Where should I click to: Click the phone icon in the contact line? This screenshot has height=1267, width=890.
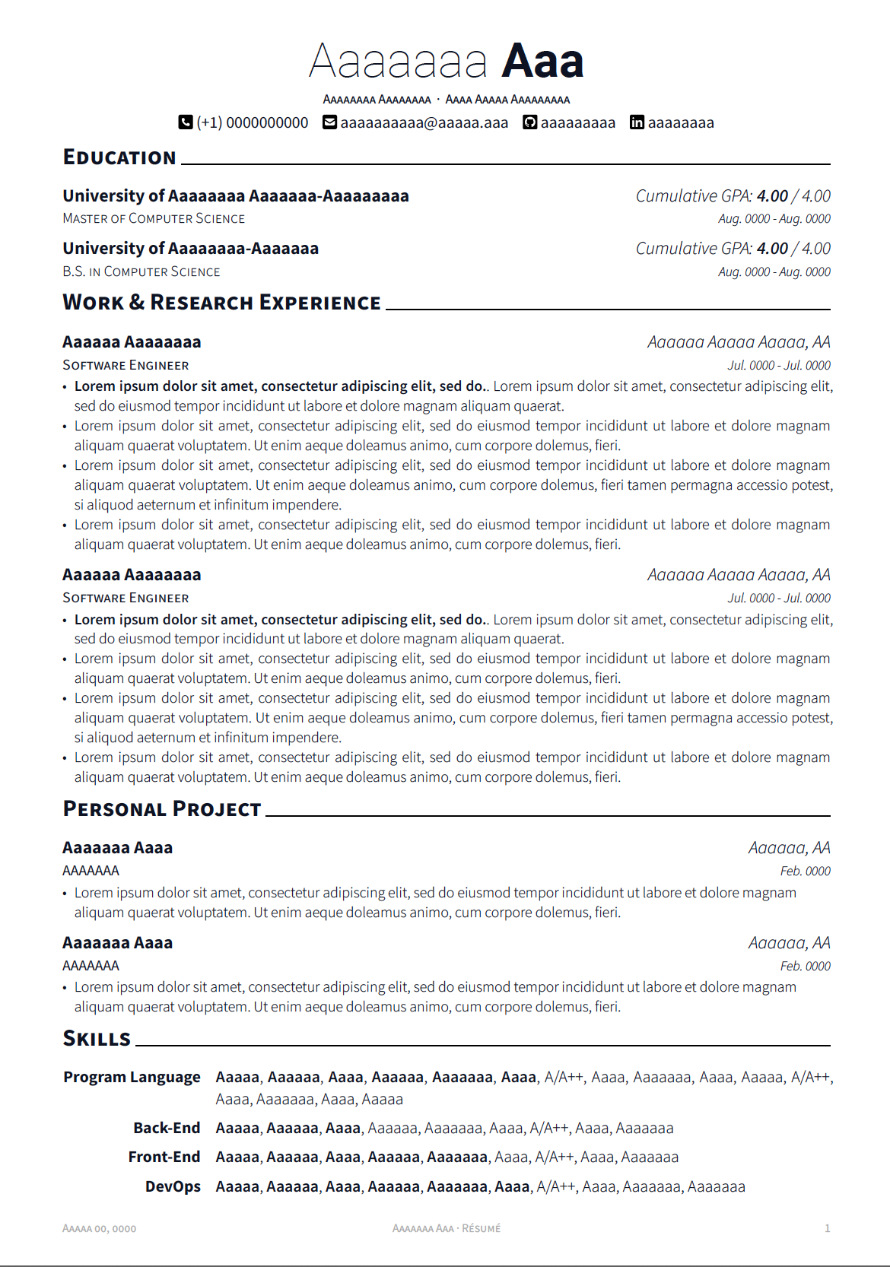coord(185,122)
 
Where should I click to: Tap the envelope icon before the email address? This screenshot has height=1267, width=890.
coord(329,122)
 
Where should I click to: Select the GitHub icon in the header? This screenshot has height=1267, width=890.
coord(529,122)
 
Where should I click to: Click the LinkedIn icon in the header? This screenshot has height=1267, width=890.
coord(637,122)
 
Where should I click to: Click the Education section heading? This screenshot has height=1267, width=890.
coord(119,157)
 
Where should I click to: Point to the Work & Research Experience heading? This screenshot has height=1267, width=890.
coord(221,303)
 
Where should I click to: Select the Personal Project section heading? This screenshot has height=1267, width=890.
coord(162,809)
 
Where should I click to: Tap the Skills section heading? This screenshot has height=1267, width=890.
coord(97,1039)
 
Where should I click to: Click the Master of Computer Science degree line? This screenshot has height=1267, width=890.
coord(154,219)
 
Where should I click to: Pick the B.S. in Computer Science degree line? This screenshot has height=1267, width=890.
coord(141,272)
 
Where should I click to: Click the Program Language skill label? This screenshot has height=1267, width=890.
coord(132,1077)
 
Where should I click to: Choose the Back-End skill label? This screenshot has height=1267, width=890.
coord(167,1128)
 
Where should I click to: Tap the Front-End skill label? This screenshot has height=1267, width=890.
coord(164,1157)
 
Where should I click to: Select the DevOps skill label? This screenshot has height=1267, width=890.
coord(173,1186)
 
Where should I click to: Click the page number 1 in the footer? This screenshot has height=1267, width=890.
coord(827,1228)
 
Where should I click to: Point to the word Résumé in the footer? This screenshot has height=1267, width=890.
coord(482,1228)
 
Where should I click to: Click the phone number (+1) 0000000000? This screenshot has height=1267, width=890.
coord(253,122)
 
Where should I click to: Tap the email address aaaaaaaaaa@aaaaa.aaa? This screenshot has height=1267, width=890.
coord(424,122)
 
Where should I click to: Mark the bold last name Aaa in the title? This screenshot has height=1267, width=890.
coord(542,61)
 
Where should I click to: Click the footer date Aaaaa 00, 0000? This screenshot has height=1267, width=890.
coord(100,1228)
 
